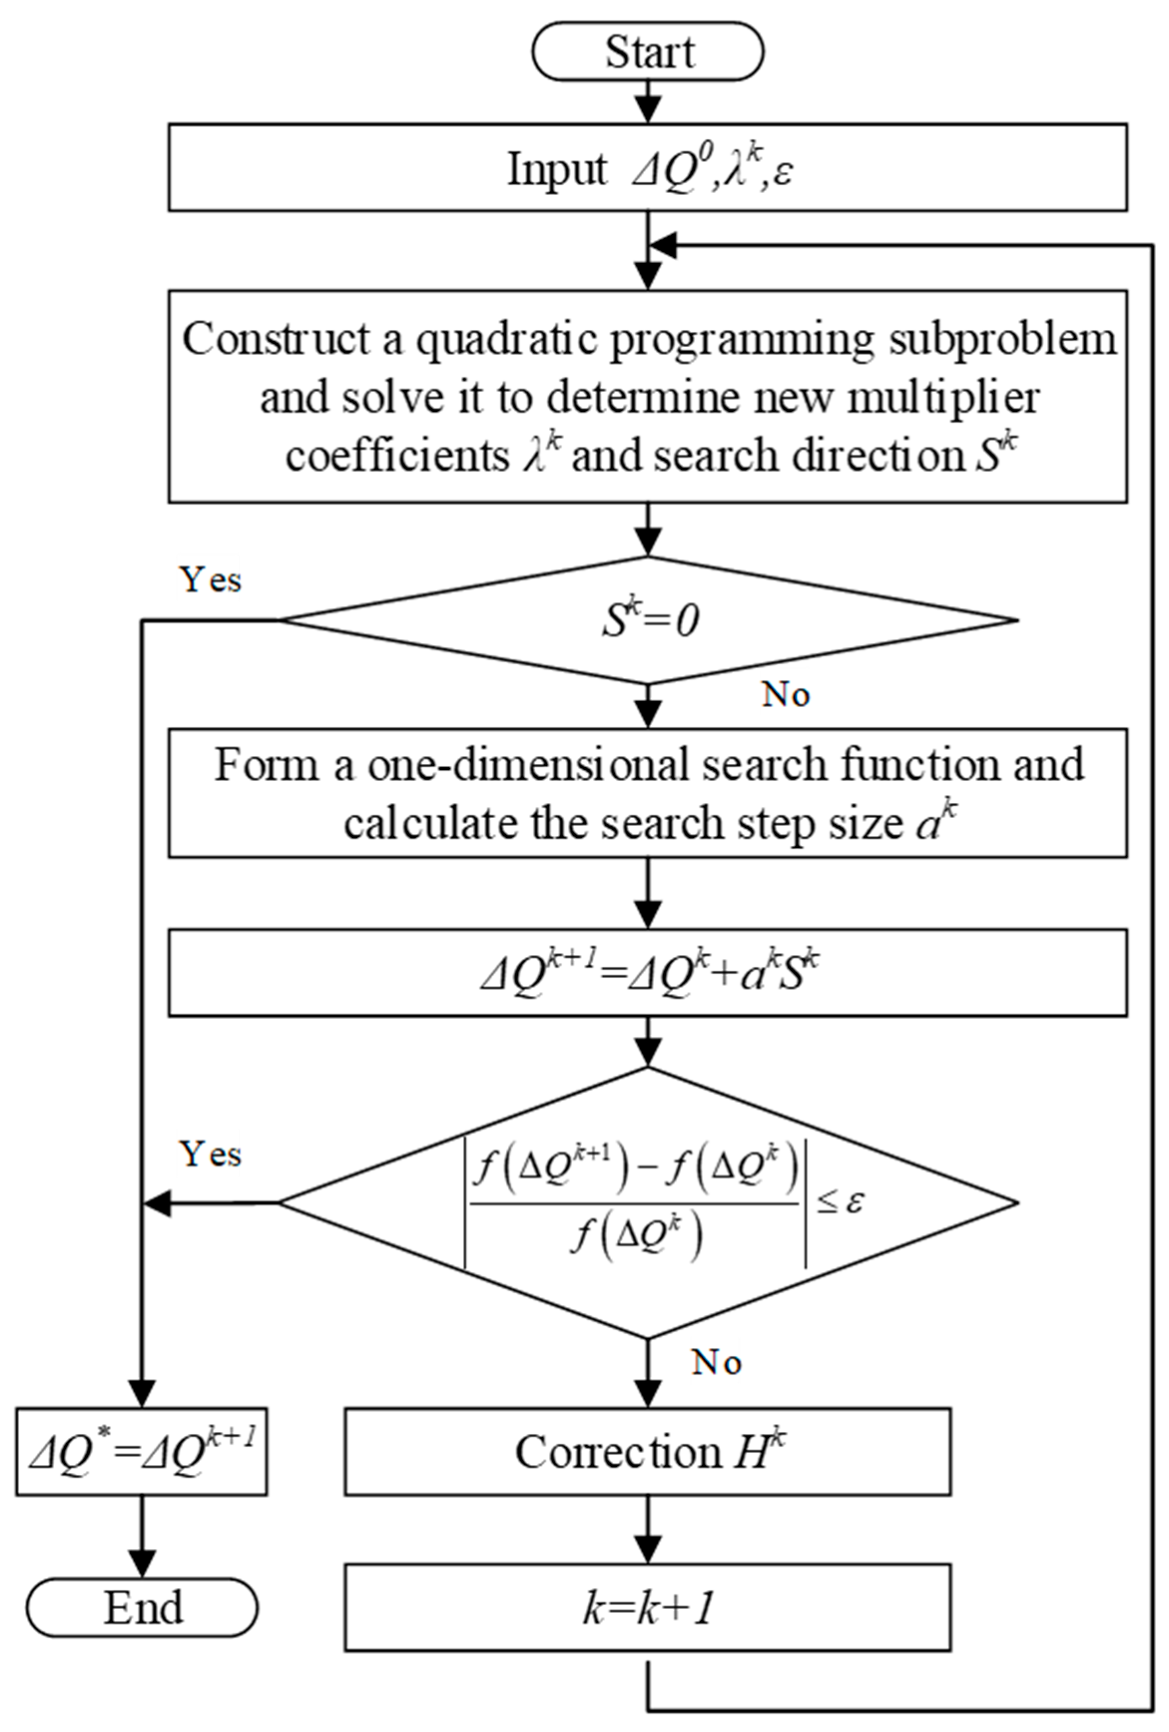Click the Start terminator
(x=648, y=52)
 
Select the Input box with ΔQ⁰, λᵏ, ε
(x=648, y=168)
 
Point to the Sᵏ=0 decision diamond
(x=648, y=620)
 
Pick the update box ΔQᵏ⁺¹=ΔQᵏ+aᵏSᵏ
(x=648, y=973)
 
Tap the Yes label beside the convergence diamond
(x=211, y=1155)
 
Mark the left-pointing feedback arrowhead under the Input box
(x=663, y=246)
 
